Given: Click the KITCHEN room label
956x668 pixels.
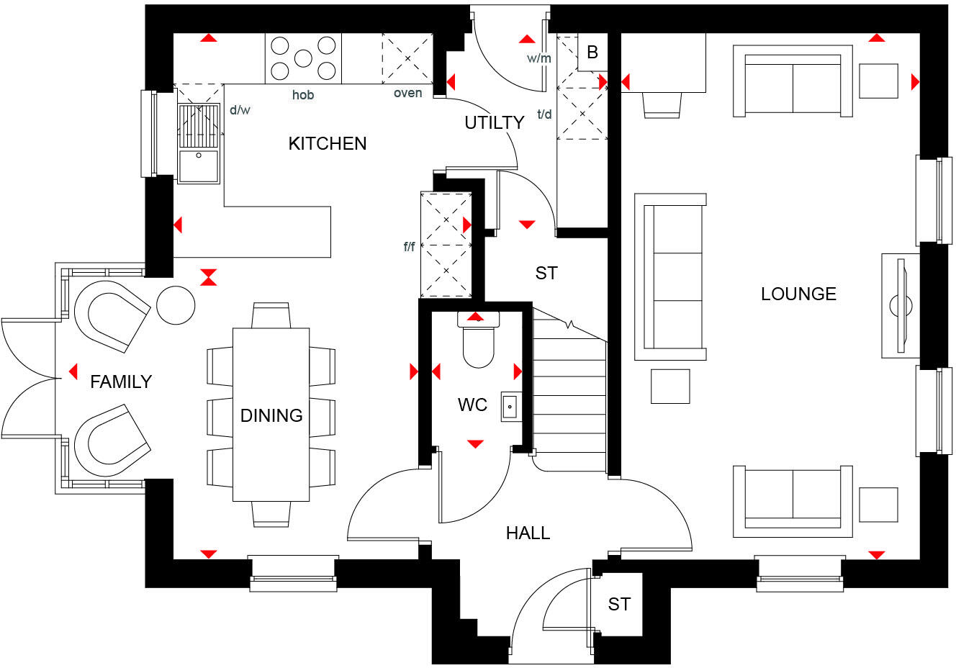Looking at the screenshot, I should point(327,144).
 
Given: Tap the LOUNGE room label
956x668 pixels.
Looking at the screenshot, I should point(798,294).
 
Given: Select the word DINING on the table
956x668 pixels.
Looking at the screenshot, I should point(271,415).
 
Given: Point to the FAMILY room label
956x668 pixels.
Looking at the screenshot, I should point(121,382).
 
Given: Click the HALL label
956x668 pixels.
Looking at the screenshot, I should point(528,533).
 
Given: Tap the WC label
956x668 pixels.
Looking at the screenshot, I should point(472,405).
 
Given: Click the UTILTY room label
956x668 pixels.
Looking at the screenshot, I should point(494,123).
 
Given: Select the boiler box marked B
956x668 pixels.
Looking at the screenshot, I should point(592,53).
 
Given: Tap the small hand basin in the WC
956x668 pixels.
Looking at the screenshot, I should point(510,407).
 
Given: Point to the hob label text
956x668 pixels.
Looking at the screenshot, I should point(303,95).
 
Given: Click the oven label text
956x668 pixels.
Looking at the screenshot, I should point(407,94).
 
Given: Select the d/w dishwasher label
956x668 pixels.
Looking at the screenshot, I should point(240,110).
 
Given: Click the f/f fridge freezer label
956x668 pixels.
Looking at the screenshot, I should point(409,247).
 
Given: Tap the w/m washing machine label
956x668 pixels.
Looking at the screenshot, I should point(538,58).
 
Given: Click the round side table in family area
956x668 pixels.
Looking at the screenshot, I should point(176,305).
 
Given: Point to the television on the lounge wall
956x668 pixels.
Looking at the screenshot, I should point(900,305).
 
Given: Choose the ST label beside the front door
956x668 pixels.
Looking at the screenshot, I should point(619,604).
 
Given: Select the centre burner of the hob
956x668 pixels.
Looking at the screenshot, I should point(303,58).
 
